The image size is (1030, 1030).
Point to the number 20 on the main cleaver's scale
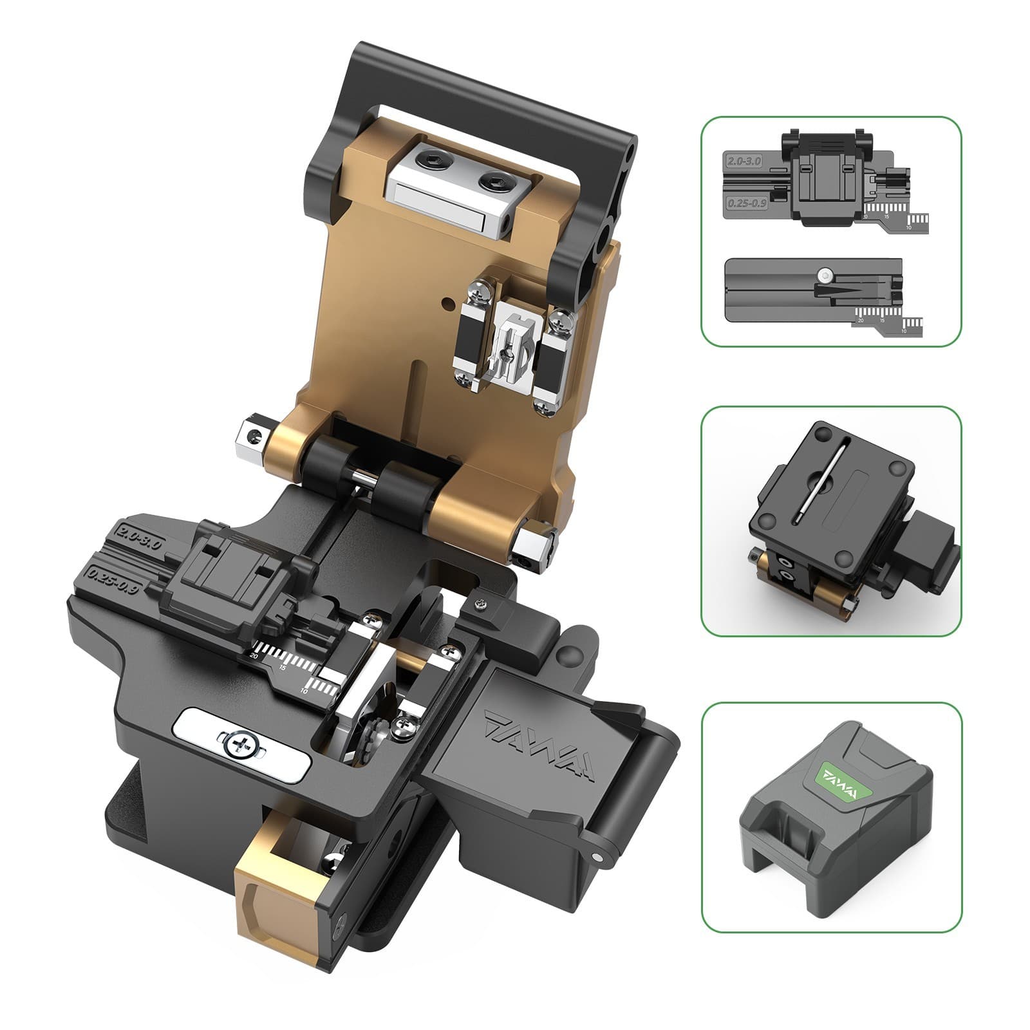tap(254, 655)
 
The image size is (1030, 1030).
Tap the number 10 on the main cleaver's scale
tap(304, 691)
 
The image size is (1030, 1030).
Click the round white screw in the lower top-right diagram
tap(824, 275)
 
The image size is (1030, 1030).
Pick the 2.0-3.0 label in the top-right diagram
tap(744, 161)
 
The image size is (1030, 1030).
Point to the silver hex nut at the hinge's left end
tap(251, 438)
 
